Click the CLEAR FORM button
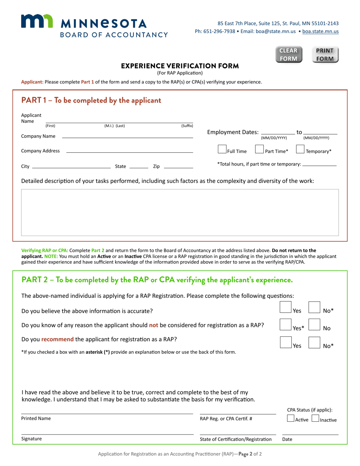[x=288, y=55]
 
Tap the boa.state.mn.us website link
[x=320, y=31]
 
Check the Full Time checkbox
[x=222, y=150]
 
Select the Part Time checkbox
[x=260, y=150]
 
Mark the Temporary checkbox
[x=300, y=150]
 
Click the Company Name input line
[x=127, y=136]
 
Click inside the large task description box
[x=180, y=212]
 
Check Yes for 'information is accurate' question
[x=285, y=307]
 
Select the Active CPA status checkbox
[x=291, y=419]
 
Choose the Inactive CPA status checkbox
[x=315, y=419]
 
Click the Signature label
[x=31, y=439]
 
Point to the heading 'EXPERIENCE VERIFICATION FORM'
[x=180, y=66]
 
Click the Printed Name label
[x=36, y=419]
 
